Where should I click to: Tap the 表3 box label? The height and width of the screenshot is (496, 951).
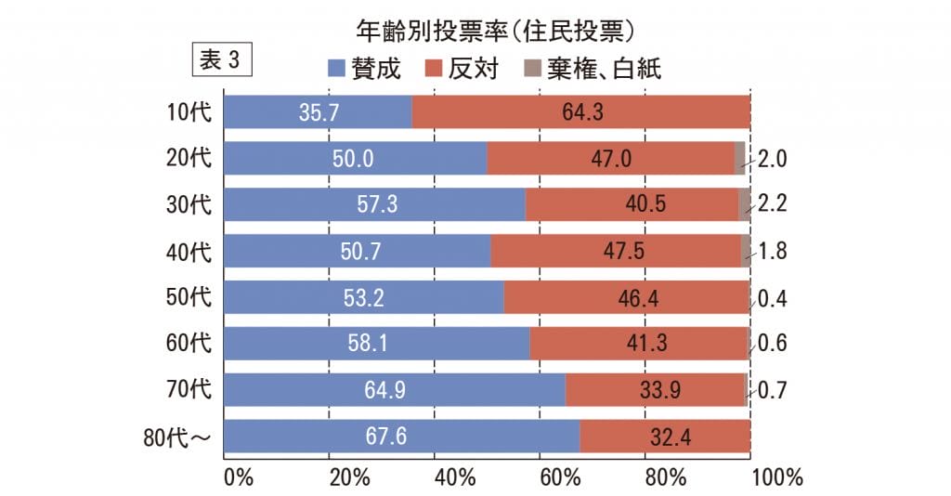pyautogui.click(x=220, y=60)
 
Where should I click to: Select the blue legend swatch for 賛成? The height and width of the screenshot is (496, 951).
pyautogui.click(x=336, y=69)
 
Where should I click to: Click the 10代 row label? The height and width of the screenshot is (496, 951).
pyautogui.click(x=189, y=112)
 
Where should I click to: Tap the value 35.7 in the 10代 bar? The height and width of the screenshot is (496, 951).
pyautogui.click(x=319, y=112)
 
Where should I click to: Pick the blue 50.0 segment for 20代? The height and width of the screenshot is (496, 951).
pyautogui.click(x=355, y=159)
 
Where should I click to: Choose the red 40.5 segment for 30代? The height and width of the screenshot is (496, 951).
pyautogui.click(x=632, y=204)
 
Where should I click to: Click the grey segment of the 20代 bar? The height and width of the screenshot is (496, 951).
pyautogui.click(x=739, y=159)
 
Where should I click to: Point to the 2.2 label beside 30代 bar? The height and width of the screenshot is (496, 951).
pyautogui.click(x=772, y=204)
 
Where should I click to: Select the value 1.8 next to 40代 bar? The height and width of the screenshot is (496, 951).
pyautogui.click(x=772, y=251)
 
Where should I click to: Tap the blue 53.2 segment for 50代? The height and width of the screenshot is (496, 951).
pyautogui.click(x=363, y=297)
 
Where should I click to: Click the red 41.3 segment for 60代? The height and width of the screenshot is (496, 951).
pyautogui.click(x=639, y=344)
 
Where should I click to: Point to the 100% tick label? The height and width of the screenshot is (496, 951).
pyautogui.click(x=776, y=477)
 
